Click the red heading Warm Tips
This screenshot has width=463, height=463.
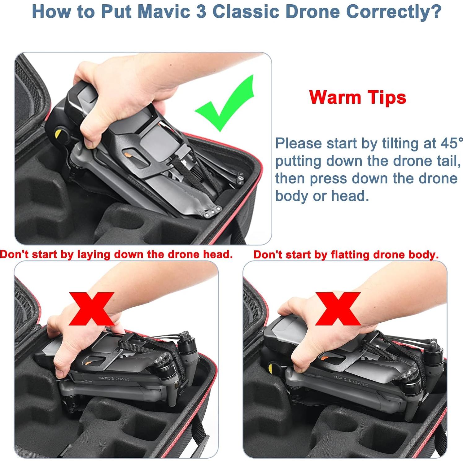(x=357, y=97)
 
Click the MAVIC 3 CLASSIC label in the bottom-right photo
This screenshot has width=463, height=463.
(x=351, y=381)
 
